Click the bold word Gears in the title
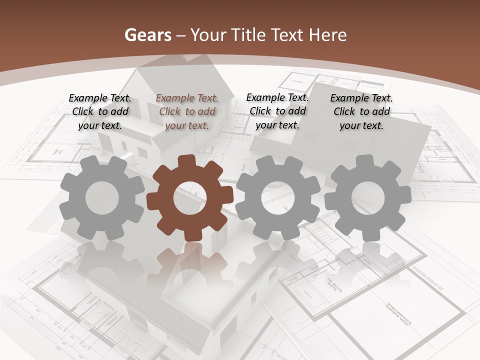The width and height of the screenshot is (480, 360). [147, 35]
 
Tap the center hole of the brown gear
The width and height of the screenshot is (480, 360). [190, 198]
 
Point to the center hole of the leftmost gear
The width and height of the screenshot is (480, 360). [102, 198]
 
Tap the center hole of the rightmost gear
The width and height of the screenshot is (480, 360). [367, 198]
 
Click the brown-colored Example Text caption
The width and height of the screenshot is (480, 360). [187, 111]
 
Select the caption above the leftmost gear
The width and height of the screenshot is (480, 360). [100, 111]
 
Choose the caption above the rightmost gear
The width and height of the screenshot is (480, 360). [361, 111]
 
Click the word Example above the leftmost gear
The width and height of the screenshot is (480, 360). [87, 98]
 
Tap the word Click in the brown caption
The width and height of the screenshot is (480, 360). [170, 111]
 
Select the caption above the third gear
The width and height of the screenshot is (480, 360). [277, 111]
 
